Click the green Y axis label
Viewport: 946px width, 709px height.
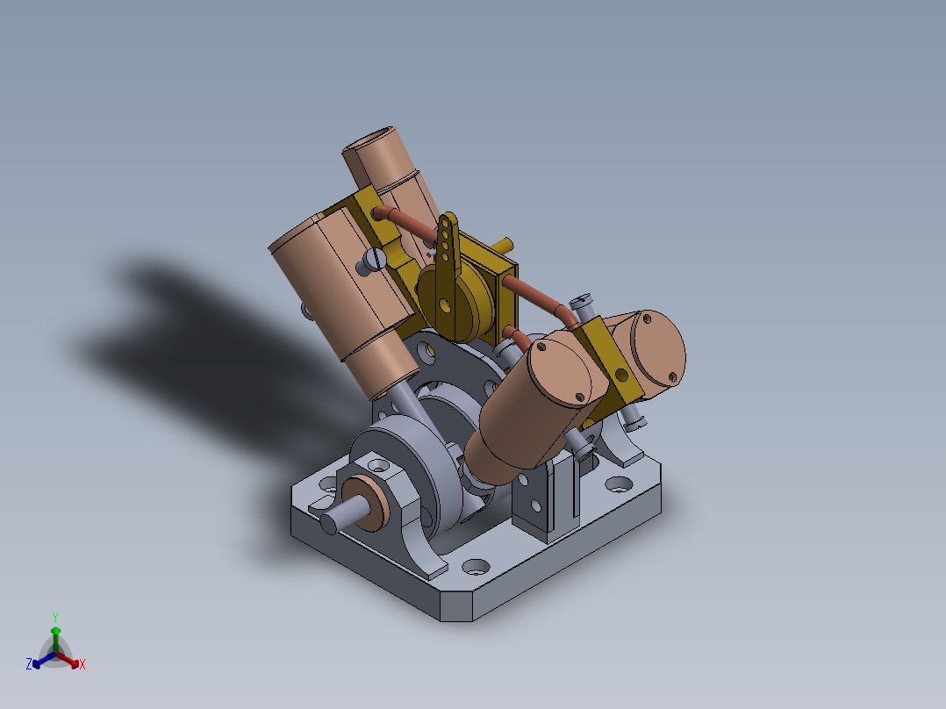pos(54,617)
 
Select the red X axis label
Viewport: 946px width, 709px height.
pos(82,665)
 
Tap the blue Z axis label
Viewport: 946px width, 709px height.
pos(29,665)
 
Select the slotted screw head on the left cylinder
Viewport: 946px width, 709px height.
pos(375,260)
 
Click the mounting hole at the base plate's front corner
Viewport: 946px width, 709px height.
pos(476,567)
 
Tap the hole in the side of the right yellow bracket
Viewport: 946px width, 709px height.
pos(622,375)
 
